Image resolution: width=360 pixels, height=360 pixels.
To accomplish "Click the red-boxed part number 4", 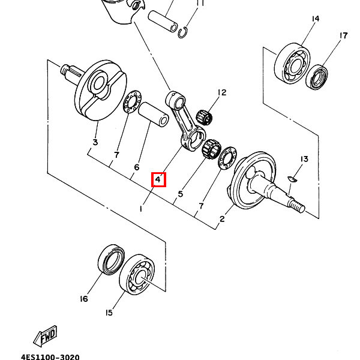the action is (158, 179).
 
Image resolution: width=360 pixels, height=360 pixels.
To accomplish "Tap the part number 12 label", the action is (222, 92).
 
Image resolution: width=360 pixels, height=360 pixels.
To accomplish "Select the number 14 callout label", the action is (316, 19).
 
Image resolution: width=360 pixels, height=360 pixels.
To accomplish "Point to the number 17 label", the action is (343, 35).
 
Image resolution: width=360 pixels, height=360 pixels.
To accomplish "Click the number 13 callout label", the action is (304, 159).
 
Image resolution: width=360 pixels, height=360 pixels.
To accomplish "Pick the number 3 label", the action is (95, 142).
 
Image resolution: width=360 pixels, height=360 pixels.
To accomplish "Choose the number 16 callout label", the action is (84, 299).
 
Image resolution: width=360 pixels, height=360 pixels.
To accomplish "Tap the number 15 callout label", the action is (109, 313).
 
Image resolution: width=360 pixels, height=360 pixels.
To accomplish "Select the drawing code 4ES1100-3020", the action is (50, 357).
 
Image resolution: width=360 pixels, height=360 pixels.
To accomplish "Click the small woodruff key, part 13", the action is (292, 179).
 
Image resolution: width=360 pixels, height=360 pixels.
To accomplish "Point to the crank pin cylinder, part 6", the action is (154, 115).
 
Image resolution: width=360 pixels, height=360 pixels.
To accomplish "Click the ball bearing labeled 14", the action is (292, 63).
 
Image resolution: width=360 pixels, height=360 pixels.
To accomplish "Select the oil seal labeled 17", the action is (317, 77).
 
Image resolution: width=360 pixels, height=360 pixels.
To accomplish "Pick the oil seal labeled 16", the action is (112, 259).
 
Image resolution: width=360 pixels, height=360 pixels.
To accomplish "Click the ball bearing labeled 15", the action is (137, 274).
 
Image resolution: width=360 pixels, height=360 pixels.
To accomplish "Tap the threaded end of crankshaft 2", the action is (298, 205).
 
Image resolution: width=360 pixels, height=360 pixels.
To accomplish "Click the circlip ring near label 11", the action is (183, 32).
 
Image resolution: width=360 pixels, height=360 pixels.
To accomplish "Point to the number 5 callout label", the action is (181, 194).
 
